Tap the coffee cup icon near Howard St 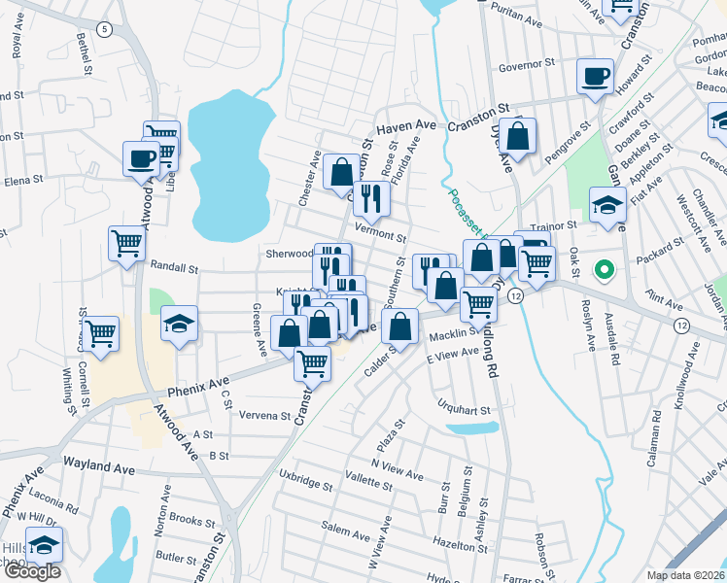tap(594, 76)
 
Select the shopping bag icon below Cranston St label tap(518, 138)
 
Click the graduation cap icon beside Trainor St tap(606, 205)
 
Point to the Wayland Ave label tap(99, 468)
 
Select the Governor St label tap(526, 68)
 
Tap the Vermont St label tap(380, 234)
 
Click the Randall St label tap(174, 266)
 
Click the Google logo tap(31, 571)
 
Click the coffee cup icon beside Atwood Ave tap(140, 157)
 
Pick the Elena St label tap(23, 180)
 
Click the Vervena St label tap(265, 415)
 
